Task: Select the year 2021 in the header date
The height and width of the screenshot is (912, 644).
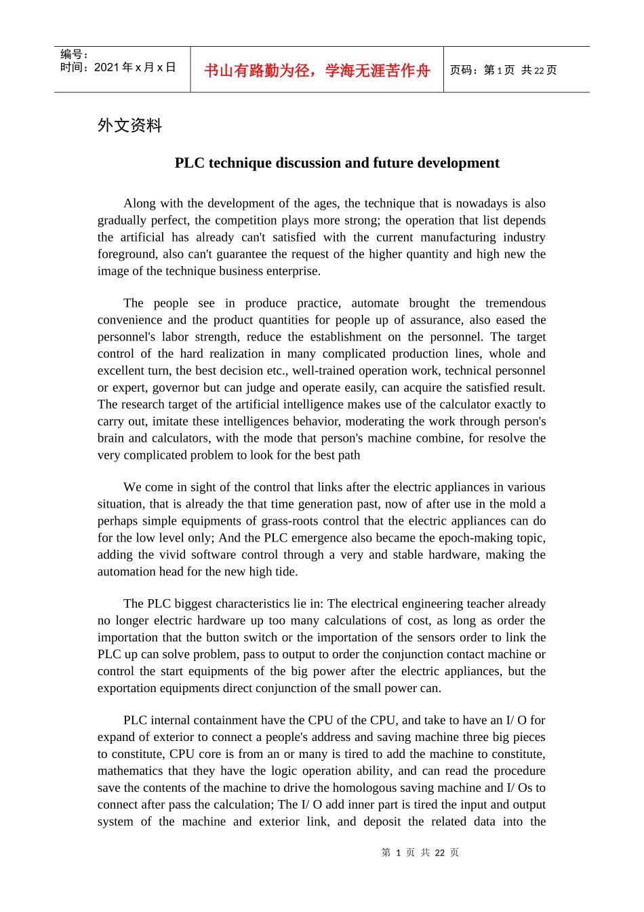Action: (106, 67)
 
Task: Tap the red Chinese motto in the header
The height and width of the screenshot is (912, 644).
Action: (317, 71)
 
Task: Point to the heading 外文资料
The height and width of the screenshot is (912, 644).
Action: (129, 126)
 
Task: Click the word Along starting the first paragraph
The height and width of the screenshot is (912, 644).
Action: (140, 204)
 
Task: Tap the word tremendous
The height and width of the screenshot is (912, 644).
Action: (515, 303)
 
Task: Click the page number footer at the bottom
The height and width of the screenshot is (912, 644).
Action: (420, 853)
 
